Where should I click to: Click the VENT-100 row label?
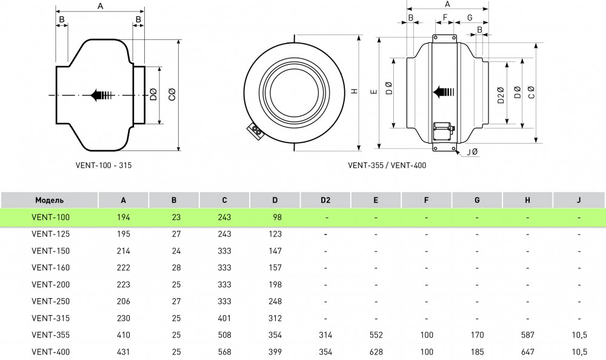tap(46, 217)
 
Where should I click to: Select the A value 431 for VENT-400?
tap(124, 352)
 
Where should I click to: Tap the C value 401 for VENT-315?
tap(224, 318)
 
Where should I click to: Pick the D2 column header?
tap(325, 200)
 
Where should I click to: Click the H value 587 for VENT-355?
tap(527, 335)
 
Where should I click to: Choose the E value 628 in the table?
tap(376, 352)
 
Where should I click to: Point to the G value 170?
tap(477, 335)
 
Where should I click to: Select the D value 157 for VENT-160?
tap(275, 267)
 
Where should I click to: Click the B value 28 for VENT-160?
tap(174, 267)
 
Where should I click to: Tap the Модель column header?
tap(49, 200)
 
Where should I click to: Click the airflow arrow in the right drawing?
tap(444, 92)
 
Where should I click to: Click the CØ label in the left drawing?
tap(172, 95)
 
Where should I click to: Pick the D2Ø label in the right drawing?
tap(501, 95)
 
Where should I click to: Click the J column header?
tap(579, 200)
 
